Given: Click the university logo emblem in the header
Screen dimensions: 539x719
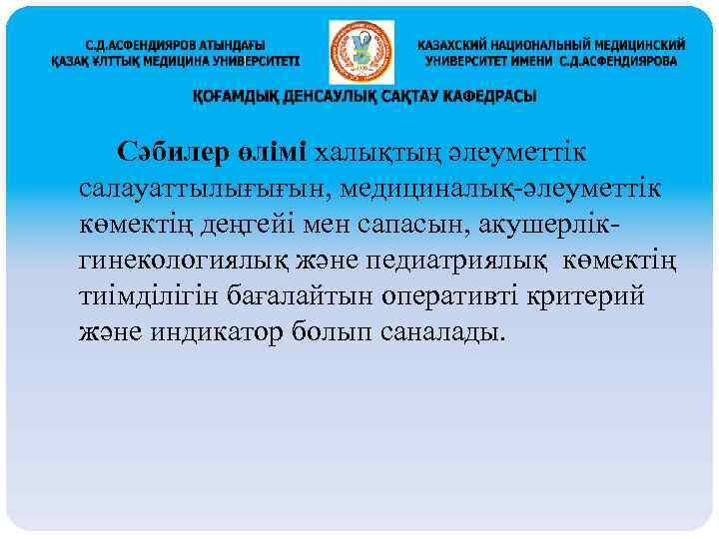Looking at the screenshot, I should pyautogui.click(x=360, y=51).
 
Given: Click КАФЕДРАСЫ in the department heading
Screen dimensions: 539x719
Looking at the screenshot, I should pyautogui.click(x=486, y=97).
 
